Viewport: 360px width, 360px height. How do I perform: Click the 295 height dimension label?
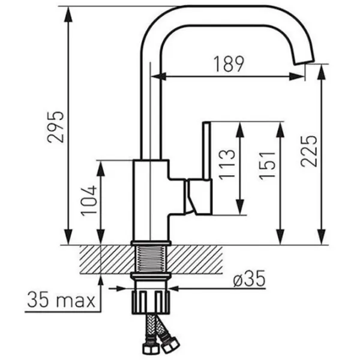point(56,127)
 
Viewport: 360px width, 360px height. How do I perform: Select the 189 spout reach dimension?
point(229,64)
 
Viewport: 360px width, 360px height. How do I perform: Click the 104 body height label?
point(88,202)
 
